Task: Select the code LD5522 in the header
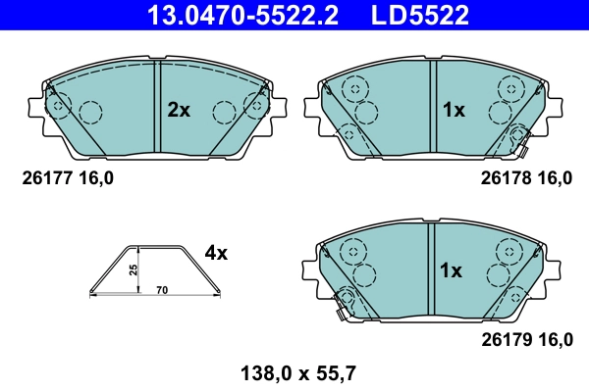[x=419, y=15]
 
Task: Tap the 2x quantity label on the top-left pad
[x=178, y=111]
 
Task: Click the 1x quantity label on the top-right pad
[x=453, y=111]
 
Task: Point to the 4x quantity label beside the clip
[x=216, y=253]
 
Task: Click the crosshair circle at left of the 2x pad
[x=58, y=105]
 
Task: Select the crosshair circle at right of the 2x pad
[x=258, y=105]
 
